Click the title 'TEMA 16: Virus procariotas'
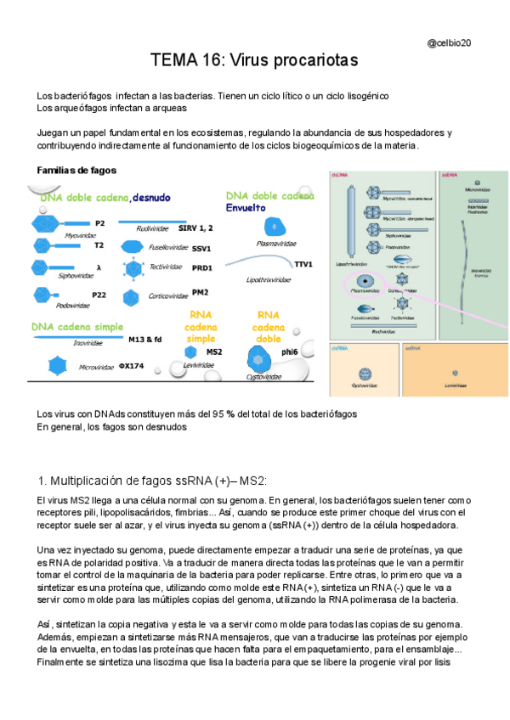coord(254,62)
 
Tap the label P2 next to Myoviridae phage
coord(99,222)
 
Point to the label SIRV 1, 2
coord(195,228)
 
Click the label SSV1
coord(201,249)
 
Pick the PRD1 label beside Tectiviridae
coord(201,268)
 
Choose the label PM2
coord(200,293)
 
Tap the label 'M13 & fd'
coord(144,340)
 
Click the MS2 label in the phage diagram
coord(214,352)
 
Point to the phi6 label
coord(290,352)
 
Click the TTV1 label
coord(303,264)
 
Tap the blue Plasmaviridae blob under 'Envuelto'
coord(274,227)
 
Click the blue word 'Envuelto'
coord(246,207)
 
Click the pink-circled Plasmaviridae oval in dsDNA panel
coord(365,281)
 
